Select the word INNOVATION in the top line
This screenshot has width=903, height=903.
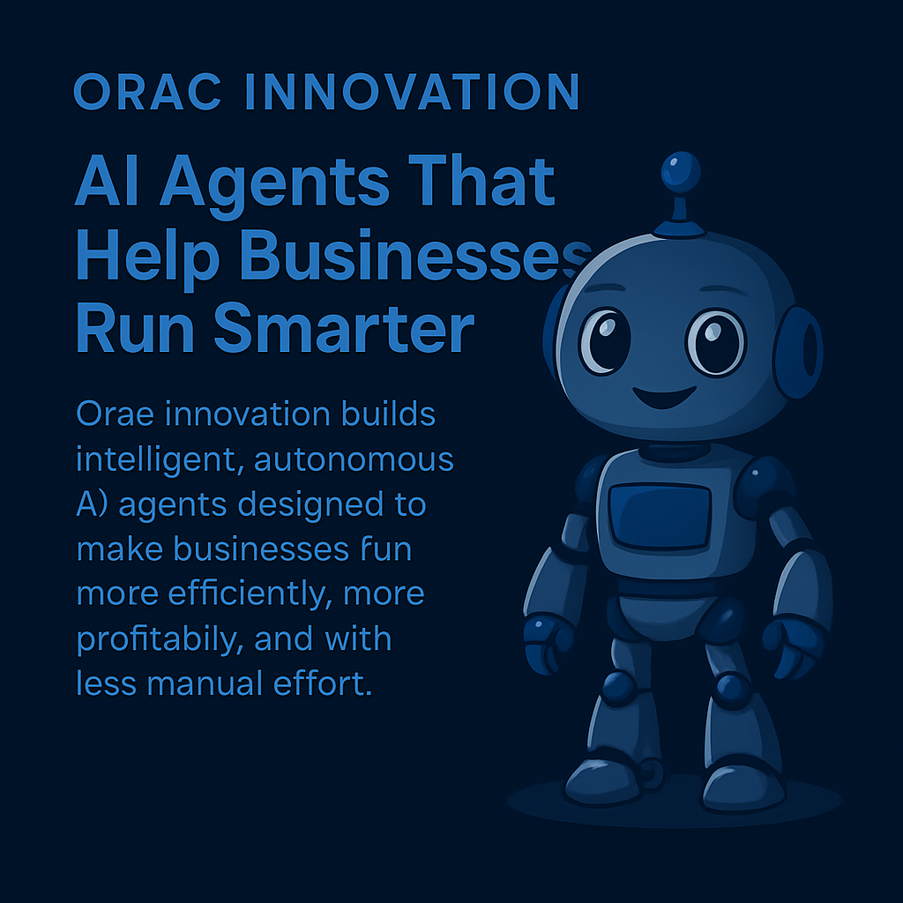412,92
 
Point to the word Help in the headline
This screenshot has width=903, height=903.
147,259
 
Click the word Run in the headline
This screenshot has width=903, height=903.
135,328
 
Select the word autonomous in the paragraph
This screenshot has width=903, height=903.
354,459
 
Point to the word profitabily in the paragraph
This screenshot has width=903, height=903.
155,639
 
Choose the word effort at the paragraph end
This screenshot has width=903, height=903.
323,683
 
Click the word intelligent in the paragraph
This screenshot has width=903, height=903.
155,460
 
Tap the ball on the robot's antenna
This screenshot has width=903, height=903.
681,172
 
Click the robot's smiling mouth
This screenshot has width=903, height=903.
664,397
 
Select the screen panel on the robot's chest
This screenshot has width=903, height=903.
660,516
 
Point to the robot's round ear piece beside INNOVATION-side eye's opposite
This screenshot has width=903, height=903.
798,352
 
